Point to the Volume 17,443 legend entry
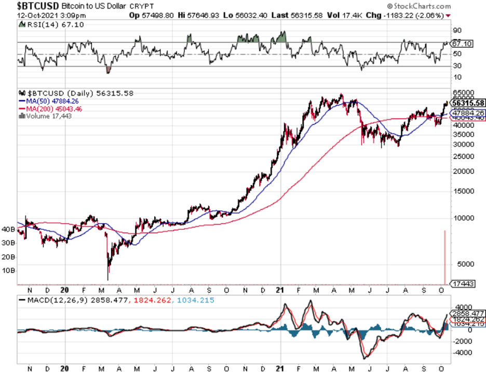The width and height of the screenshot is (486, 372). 48,116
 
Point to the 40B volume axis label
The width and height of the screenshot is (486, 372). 8,229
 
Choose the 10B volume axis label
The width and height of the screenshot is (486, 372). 8,271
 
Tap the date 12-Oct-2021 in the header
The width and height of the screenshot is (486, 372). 20,16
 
